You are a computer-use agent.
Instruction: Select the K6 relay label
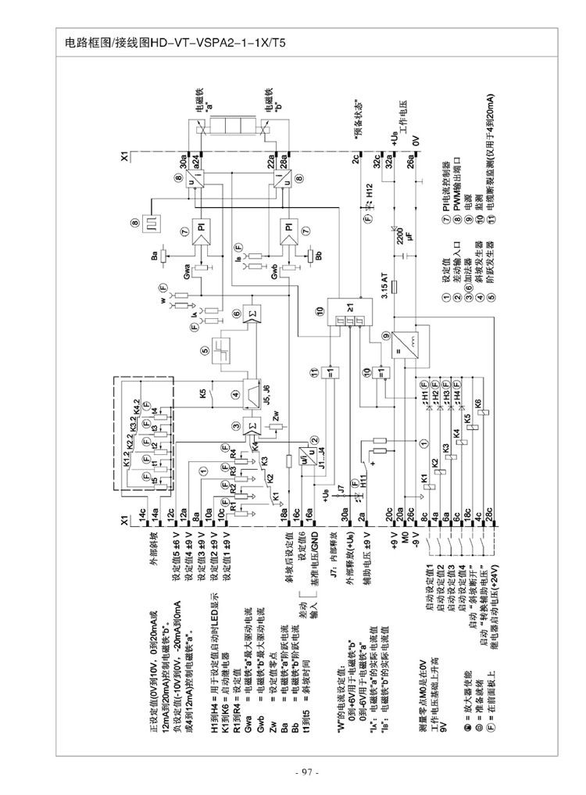click(x=478, y=403)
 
